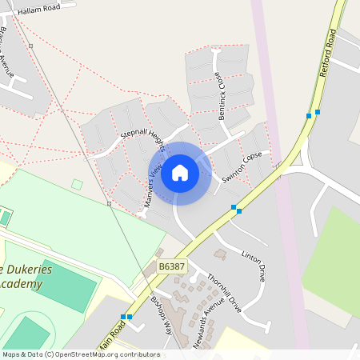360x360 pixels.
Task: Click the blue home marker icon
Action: point(180,173)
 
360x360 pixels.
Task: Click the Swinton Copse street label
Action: point(242,168)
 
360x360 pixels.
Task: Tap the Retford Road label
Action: point(328,54)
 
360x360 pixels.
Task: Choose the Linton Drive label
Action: point(254,266)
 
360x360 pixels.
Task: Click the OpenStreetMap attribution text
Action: point(80,354)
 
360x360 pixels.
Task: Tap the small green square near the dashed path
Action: point(77,185)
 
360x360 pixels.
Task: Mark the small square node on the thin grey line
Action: point(109,203)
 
